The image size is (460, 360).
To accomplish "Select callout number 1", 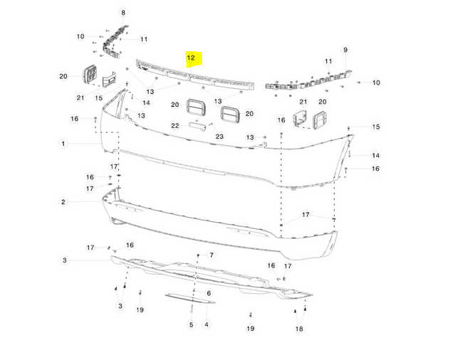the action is coord(63,144).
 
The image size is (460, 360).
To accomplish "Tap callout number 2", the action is coord(63,201).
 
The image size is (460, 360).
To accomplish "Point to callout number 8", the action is coord(123,13).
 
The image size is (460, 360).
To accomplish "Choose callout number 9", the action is coord(345,50).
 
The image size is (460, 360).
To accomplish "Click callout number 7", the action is coord(211,255).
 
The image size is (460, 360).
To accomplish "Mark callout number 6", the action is coord(209,293).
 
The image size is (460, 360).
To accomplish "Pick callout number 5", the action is coord(192,324).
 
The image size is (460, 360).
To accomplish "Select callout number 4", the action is coord(207,324).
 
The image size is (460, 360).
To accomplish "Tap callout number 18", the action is coord(299,329).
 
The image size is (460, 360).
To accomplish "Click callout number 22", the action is coord(175,126).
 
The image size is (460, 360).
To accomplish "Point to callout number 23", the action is coord(219,137).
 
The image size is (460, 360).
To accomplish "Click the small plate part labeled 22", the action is coord(197,127).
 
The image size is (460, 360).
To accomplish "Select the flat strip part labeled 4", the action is coord(190,298).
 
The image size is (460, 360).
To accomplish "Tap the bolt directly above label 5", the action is coord(192,308).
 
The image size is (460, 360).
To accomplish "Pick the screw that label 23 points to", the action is coord(211,125).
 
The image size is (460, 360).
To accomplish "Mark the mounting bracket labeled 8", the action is coord(114,42).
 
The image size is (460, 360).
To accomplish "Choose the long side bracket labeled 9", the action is coord(309,81).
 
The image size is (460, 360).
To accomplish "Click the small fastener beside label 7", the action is coord(199,255).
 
